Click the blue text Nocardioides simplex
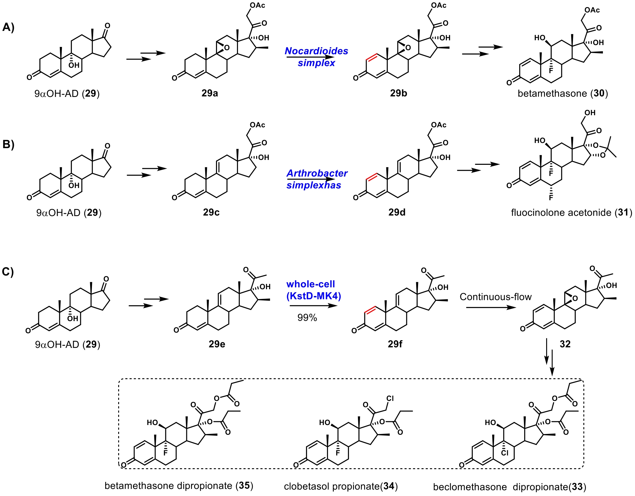316,57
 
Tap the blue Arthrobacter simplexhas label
317,179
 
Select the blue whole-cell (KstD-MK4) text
313,290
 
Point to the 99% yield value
307,318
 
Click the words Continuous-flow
496,297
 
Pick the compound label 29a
210,93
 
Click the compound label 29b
398,93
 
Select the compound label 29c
211,212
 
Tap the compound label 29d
397,212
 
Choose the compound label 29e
217,344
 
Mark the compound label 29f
395,344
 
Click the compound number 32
565,344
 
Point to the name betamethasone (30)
563,94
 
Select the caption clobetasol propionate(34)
341,486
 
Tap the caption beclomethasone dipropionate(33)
509,487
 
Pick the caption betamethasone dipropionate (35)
179,486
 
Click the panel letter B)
8,144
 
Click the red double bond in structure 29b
371,57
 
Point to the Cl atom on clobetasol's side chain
390,398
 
